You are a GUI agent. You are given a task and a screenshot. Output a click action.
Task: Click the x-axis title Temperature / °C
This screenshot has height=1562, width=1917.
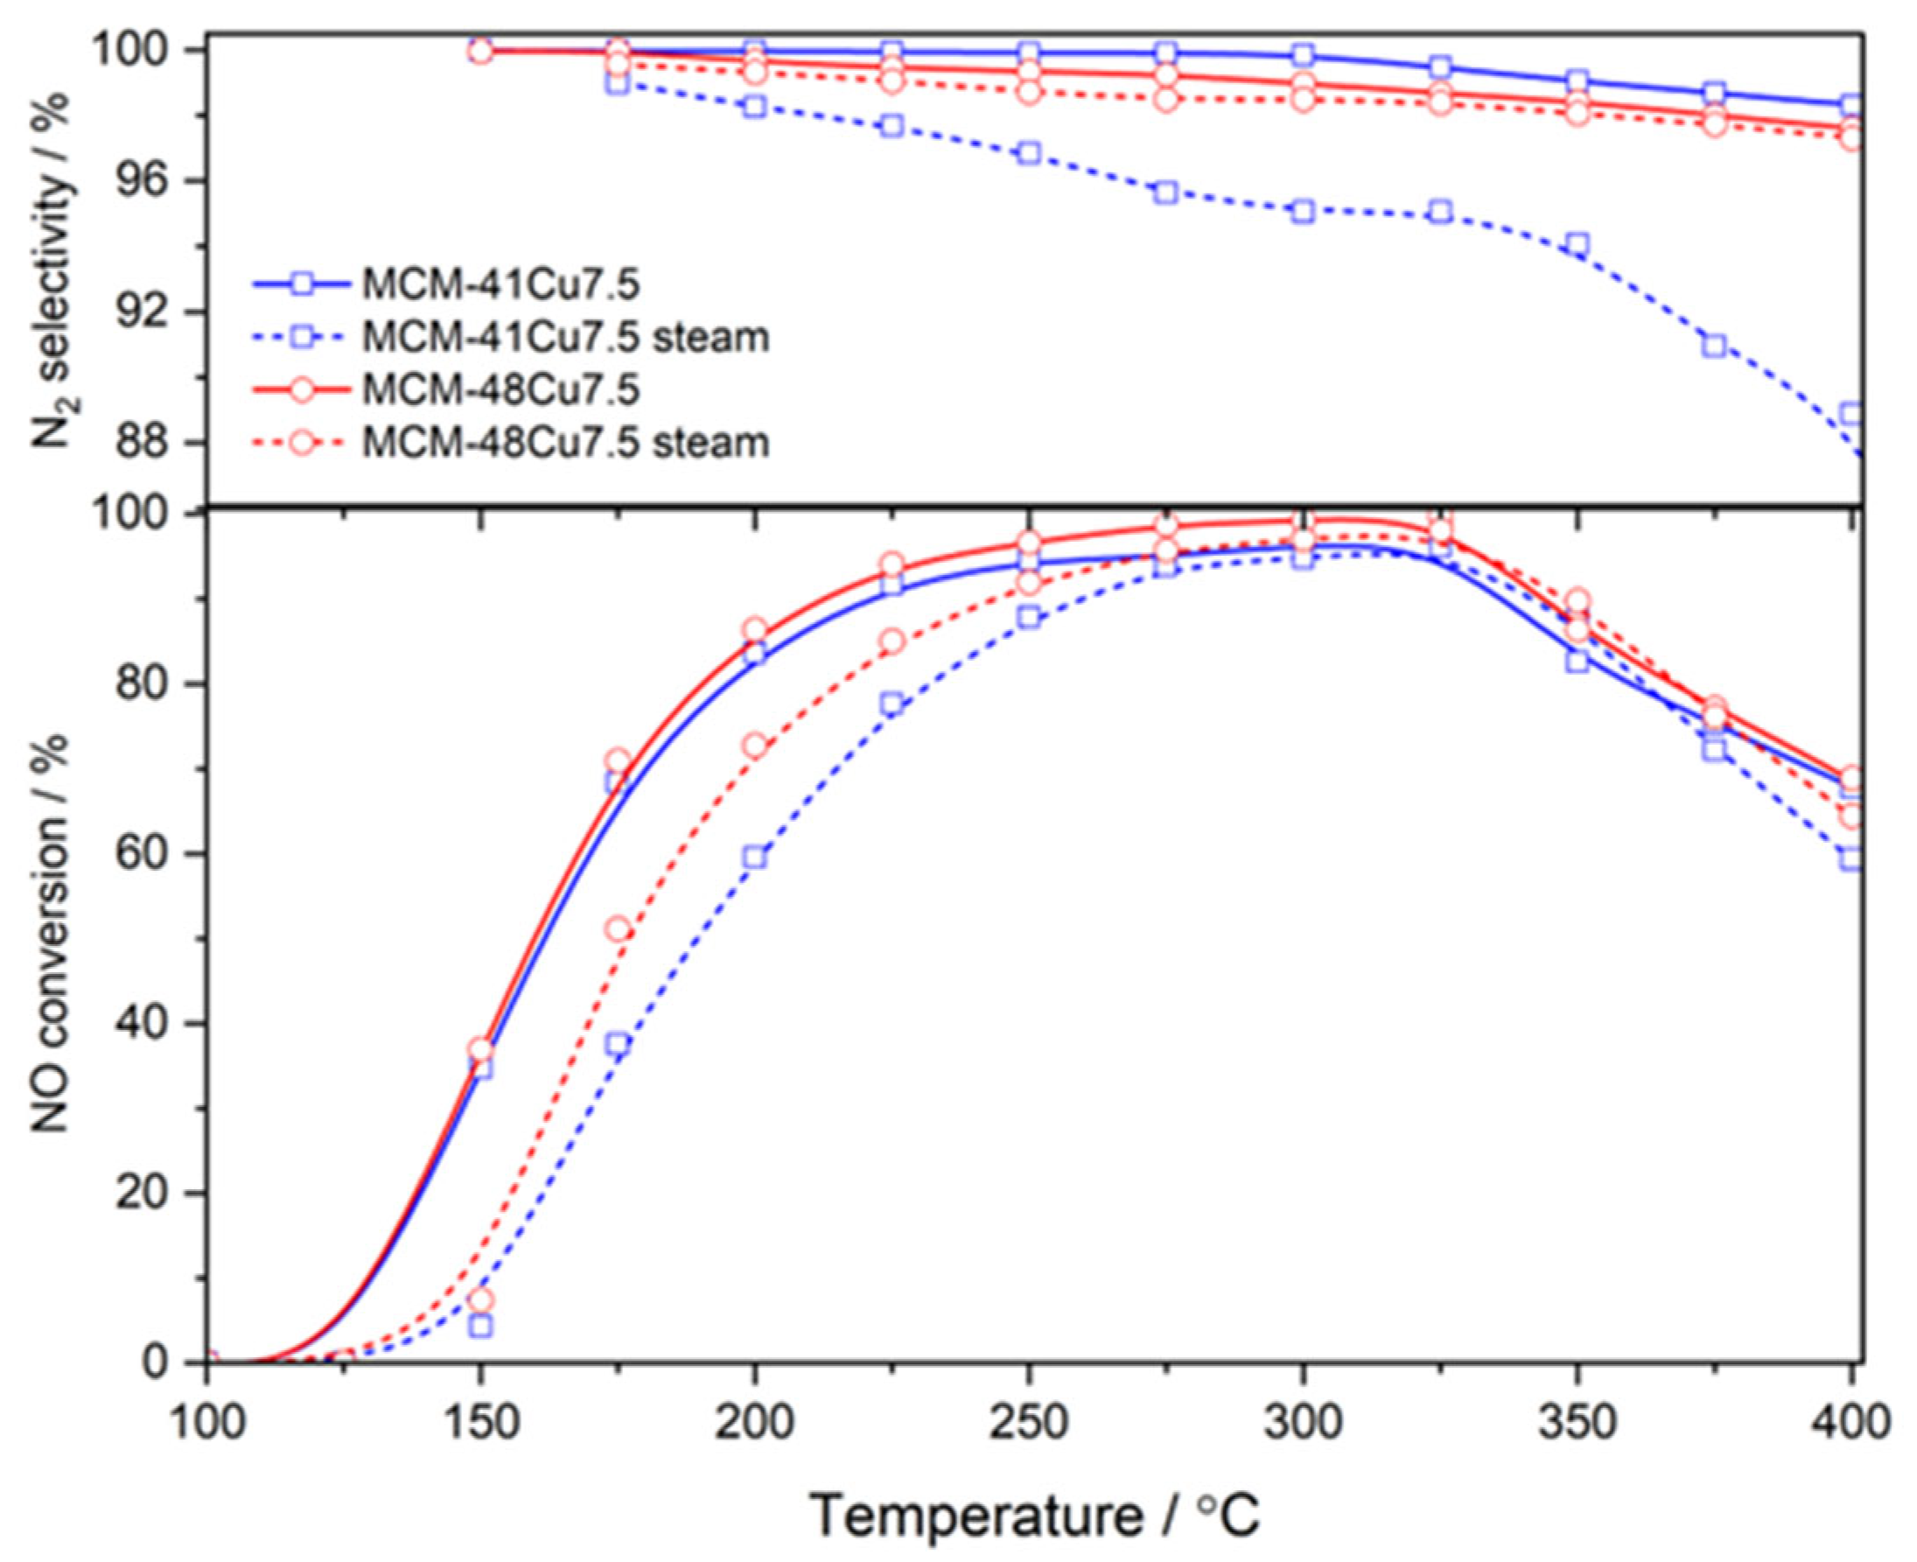[x=1034, y=1516]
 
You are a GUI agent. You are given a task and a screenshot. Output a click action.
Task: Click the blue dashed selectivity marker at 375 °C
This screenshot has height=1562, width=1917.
[x=1715, y=346]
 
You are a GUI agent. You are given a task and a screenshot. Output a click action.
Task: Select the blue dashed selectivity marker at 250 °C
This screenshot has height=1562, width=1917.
[x=1029, y=153]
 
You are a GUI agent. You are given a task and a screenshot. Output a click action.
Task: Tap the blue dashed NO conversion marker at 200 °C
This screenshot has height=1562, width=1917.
[x=756, y=857]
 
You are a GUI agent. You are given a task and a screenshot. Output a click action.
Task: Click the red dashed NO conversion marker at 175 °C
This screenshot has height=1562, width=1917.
[x=618, y=929]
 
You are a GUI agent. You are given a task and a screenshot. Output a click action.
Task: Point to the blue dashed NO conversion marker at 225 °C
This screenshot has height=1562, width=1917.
[x=892, y=704]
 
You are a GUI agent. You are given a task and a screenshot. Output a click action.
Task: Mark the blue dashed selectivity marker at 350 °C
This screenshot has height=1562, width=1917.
[x=1577, y=244]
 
